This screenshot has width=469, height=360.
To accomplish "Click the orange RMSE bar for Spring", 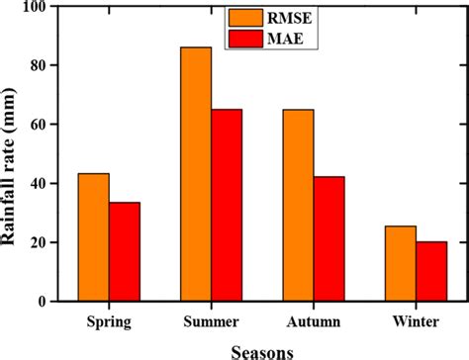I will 93,237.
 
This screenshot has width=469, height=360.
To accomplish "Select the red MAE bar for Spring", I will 124,251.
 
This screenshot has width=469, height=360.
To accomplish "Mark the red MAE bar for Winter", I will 430,271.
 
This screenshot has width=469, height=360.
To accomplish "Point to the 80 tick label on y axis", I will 38,65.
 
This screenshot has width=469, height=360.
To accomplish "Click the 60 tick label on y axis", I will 38,125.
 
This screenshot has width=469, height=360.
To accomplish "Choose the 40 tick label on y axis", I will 38,184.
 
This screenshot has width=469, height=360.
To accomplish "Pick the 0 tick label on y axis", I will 42,302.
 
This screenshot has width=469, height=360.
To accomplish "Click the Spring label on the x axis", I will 109,323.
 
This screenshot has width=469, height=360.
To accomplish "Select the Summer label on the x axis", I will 211,323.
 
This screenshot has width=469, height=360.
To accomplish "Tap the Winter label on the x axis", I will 416,323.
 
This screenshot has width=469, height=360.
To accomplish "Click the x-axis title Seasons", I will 262,349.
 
